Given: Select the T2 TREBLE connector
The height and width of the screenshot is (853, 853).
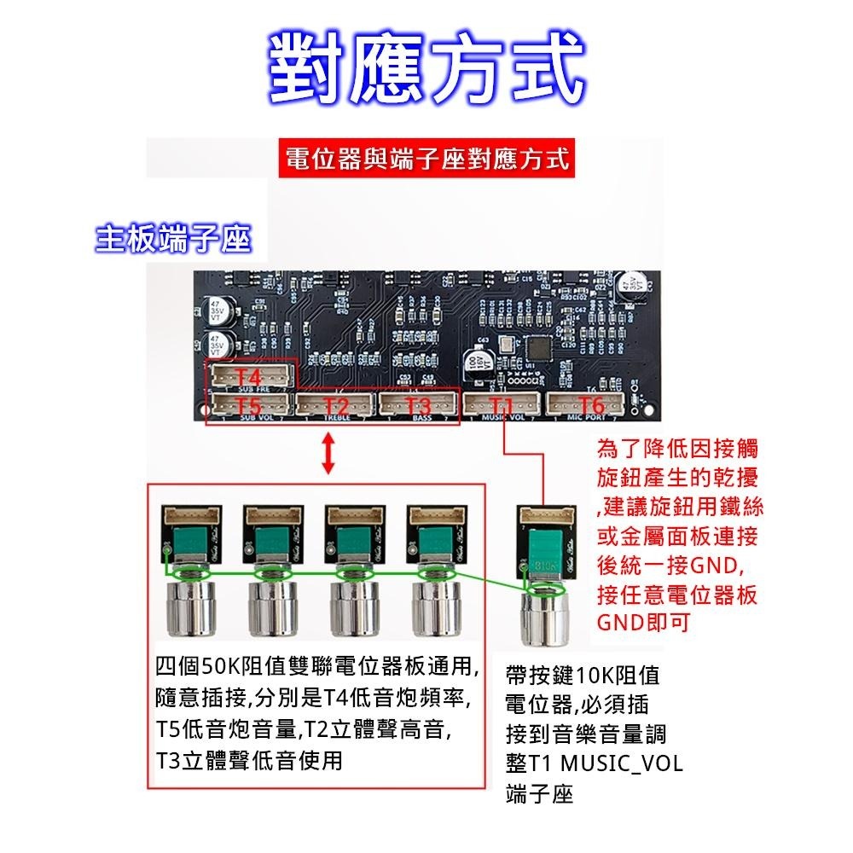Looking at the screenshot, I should pyautogui.click(x=335, y=405).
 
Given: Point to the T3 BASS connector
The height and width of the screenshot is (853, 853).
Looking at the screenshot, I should pyautogui.click(x=419, y=405).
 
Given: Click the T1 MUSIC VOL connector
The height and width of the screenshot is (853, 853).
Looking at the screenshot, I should pyautogui.click(x=502, y=405).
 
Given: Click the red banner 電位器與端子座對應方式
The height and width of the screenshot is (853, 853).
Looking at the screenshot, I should pyautogui.click(x=426, y=160).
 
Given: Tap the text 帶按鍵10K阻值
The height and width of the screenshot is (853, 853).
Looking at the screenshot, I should pyautogui.click(x=582, y=676).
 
